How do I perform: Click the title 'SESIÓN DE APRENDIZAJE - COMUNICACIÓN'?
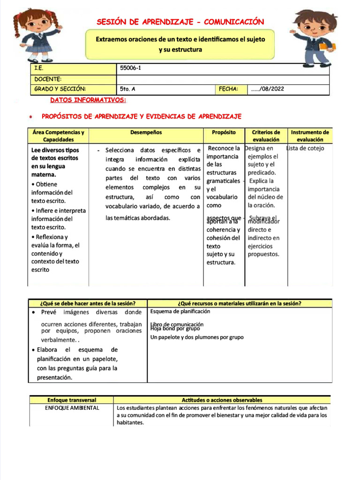pos(180,22)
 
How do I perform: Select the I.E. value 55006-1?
pos(131,68)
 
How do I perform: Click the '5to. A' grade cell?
pos(128,89)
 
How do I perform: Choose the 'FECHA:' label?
pos(229,89)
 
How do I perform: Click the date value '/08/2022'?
pos(268,89)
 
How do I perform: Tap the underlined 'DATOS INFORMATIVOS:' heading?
pos(88,100)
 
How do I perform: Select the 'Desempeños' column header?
pos(146,133)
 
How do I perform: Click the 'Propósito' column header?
pos(224,133)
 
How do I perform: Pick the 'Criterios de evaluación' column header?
pos(266,136)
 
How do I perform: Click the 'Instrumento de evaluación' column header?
pos(309,136)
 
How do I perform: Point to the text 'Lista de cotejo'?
pos(305,149)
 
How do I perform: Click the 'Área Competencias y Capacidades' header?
pos(59,136)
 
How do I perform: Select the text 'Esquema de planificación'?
pos(180,311)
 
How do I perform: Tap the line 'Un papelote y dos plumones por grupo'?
pos(197,337)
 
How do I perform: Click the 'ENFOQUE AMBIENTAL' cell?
pos(72,408)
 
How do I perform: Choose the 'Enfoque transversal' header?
pos(72,400)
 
